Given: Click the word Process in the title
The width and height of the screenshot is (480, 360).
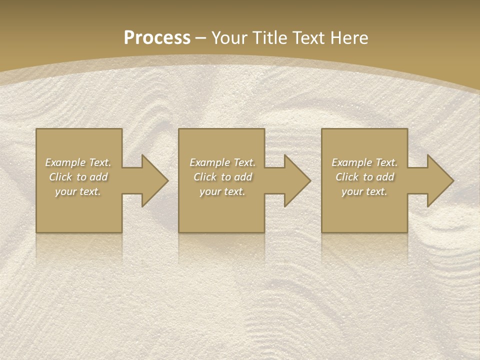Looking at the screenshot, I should pyautogui.click(x=157, y=38).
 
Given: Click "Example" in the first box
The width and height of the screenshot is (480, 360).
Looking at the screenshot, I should pyautogui.click(x=65, y=162).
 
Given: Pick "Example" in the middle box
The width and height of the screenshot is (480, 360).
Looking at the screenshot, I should pyautogui.click(x=209, y=162).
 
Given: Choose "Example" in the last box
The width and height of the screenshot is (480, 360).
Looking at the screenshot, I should pyautogui.click(x=351, y=162).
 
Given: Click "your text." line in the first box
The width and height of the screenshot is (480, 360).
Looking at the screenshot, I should pyautogui.click(x=78, y=191).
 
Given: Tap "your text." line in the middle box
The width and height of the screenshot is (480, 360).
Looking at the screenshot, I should pyautogui.click(x=222, y=191).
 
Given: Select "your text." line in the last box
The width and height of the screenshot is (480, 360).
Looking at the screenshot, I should pyautogui.click(x=364, y=191).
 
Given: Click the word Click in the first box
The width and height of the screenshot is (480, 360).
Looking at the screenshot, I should pyautogui.click(x=60, y=177).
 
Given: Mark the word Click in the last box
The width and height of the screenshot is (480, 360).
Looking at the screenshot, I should pyautogui.click(x=347, y=177).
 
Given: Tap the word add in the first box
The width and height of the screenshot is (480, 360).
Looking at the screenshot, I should pyautogui.click(x=99, y=177).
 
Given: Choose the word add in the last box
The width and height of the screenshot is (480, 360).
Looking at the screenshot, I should pyautogui.click(x=385, y=177).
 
